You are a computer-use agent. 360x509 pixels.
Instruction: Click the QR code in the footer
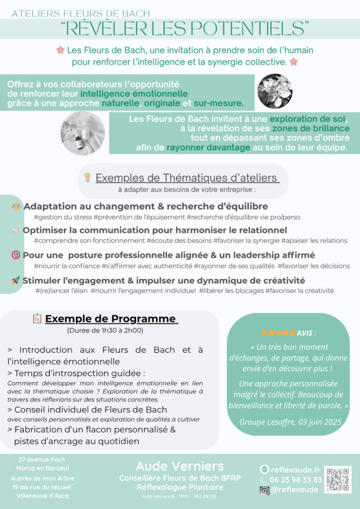click(x=338, y=479)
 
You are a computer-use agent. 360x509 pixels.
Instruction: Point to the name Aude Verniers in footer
click(x=180, y=466)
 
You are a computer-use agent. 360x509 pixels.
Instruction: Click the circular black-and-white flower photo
click(x=274, y=91)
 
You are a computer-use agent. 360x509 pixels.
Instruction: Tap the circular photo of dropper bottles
click(x=83, y=133)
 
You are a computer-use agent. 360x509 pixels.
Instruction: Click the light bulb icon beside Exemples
click(x=88, y=177)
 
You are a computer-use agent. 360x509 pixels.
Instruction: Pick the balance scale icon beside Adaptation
click(x=16, y=206)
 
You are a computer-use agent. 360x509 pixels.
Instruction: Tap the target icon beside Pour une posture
click(x=16, y=255)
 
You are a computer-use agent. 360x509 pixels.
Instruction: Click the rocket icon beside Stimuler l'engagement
click(x=16, y=280)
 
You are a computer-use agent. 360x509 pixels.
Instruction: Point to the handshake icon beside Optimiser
click(x=16, y=230)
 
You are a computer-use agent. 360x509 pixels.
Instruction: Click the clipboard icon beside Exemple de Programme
click(x=37, y=319)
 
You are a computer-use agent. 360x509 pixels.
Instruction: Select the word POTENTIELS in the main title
click(x=253, y=28)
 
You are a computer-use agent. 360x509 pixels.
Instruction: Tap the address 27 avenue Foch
click(x=41, y=460)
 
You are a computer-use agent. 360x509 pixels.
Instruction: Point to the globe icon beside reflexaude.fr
click(x=265, y=469)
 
